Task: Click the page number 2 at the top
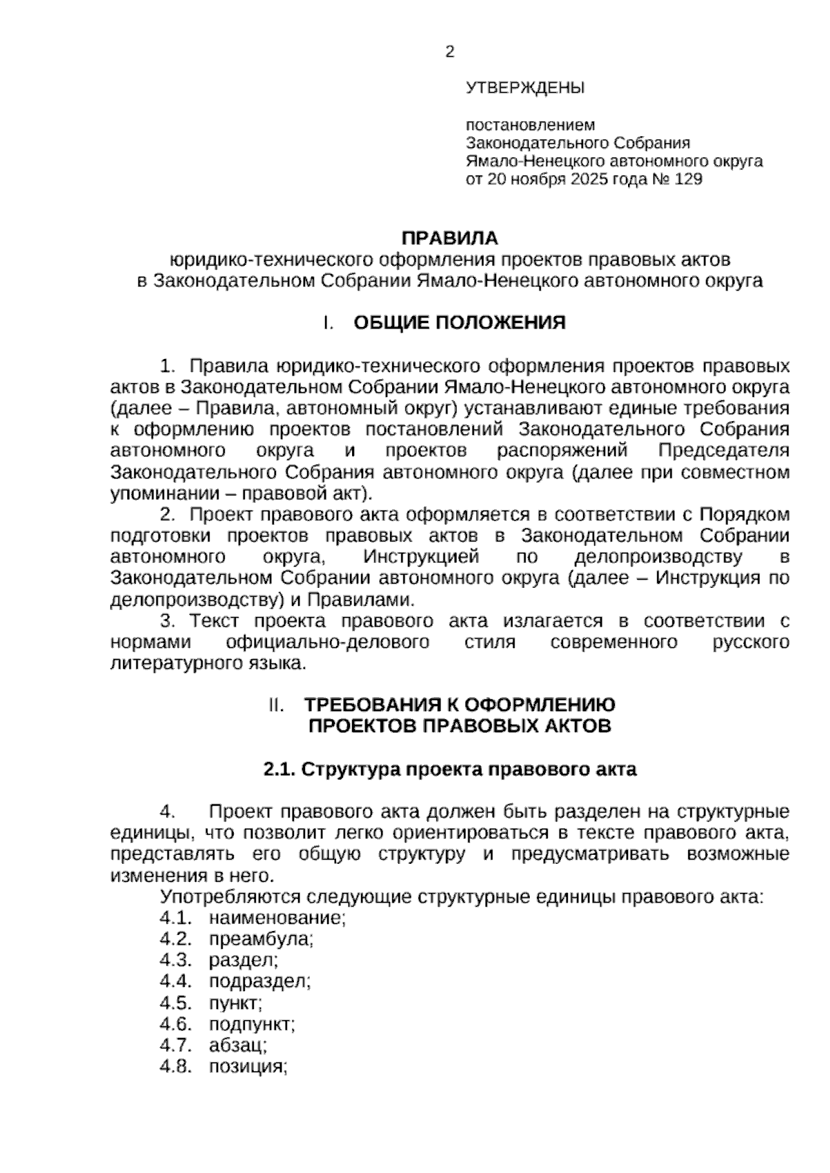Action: [x=450, y=52]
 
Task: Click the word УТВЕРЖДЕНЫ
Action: [x=525, y=88]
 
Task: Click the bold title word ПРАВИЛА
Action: [x=450, y=239]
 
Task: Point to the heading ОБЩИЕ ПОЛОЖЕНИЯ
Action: [x=459, y=323]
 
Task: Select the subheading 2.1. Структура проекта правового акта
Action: [x=450, y=769]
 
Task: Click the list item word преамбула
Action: [x=261, y=939]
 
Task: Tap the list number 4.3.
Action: [x=175, y=960]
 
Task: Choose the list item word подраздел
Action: [x=260, y=981]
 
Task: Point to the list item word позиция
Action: [x=248, y=1066]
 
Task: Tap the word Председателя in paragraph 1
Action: [x=723, y=451]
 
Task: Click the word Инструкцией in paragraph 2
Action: [x=421, y=557]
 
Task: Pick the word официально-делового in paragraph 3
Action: [x=327, y=643]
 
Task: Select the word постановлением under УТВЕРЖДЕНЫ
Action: [x=530, y=125]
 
